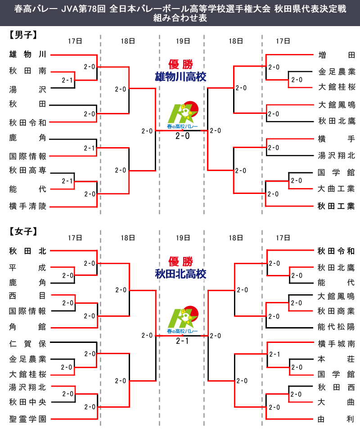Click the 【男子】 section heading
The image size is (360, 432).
(22, 34)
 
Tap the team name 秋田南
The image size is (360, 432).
(27, 71)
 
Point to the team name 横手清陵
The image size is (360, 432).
(27, 207)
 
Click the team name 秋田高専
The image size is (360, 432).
(27, 170)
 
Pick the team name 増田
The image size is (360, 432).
(337, 55)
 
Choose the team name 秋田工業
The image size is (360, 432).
(337, 207)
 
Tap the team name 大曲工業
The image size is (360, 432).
(337, 189)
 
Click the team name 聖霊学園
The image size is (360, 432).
(27, 419)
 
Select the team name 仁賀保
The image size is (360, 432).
(27, 344)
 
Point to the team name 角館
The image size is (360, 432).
(27, 327)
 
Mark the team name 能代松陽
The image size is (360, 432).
(337, 327)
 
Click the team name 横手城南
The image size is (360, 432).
(337, 344)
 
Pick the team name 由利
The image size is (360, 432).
(337, 419)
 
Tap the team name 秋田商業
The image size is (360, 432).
(337, 311)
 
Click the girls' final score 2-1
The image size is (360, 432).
(182, 342)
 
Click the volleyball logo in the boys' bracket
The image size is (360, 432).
(182, 117)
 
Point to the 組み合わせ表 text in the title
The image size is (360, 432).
(180, 18)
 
